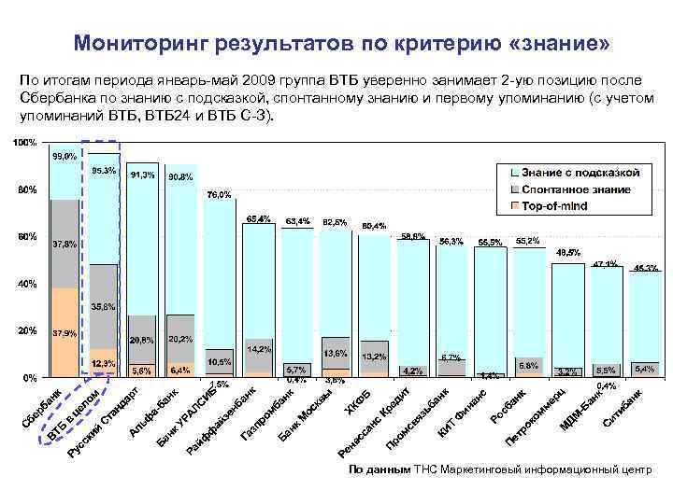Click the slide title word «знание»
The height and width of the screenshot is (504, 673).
point(562,44)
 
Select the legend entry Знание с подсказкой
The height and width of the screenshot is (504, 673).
point(580,173)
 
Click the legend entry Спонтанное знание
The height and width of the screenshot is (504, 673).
point(576,189)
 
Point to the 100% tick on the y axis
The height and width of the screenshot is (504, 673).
point(24,143)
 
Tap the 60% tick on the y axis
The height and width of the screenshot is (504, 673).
point(26,237)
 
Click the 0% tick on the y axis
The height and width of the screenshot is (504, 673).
point(29,378)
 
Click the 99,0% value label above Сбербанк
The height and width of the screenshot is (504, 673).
point(64,157)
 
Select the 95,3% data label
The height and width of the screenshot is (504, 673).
point(104,171)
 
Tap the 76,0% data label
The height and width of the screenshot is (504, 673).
point(218,195)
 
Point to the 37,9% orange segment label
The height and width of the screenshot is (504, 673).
point(64,332)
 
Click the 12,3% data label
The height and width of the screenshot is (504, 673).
point(103,363)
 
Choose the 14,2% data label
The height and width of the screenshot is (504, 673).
point(258,349)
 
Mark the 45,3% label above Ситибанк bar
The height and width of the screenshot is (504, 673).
point(645,268)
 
